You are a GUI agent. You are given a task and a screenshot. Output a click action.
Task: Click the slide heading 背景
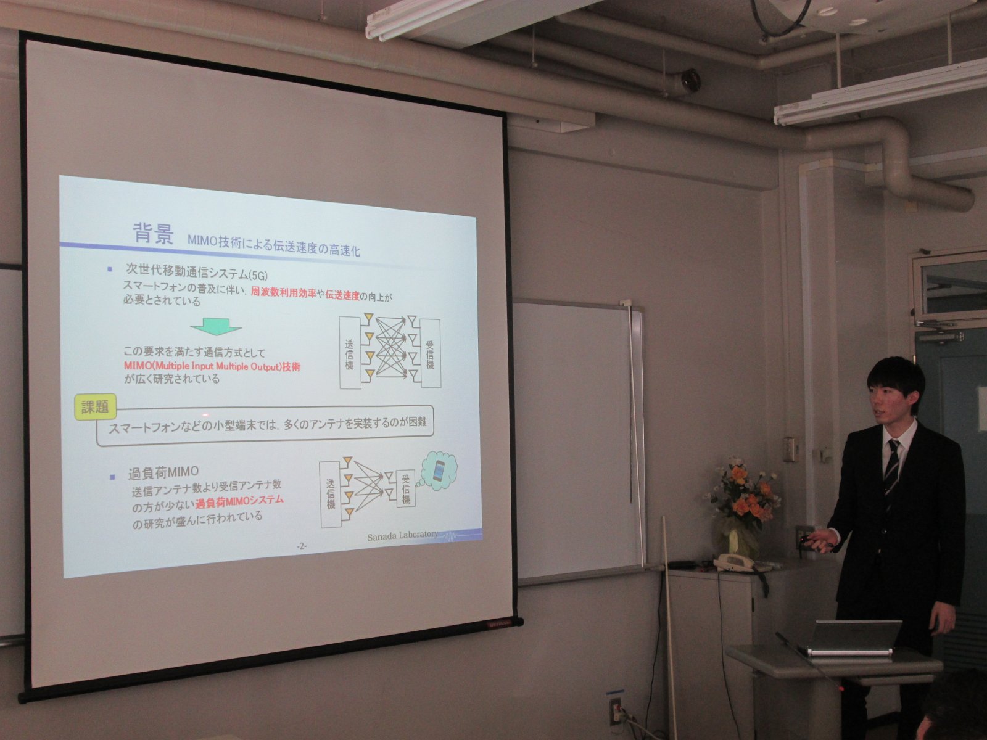click(x=153, y=234)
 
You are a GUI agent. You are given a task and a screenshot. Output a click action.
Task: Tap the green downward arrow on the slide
click(x=216, y=326)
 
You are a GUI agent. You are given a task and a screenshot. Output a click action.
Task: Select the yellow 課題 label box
click(x=96, y=407)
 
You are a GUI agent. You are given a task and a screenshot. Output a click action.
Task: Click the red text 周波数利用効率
click(x=283, y=293)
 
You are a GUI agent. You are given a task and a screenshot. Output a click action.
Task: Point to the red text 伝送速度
click(x=342, y=295)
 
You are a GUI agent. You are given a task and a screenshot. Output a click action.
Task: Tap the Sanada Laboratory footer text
click(x=402, y=536)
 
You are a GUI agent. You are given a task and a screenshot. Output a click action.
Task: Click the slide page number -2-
click(x=301, y=546)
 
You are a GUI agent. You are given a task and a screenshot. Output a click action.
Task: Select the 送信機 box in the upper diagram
click(x=350, y=353)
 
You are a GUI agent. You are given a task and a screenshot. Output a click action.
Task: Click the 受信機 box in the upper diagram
click(x=430, y=353)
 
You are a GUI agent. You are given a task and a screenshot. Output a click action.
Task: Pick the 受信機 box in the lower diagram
click(x=405, y=489)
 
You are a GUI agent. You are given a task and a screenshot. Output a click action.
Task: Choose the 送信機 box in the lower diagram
click(x=331, y=494)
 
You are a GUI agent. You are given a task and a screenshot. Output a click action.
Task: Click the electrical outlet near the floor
click(x=614, y=711)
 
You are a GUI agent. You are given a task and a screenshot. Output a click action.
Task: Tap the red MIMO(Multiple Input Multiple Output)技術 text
click(x=212, y=366)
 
